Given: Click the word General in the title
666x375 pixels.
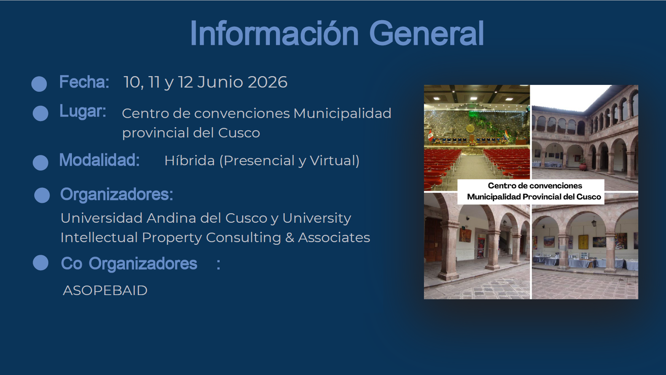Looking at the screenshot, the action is pos(426,34).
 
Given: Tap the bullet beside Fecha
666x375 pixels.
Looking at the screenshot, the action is pos(39,84).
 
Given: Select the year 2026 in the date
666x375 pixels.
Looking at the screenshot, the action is pos(268,82).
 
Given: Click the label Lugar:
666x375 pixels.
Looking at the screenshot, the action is pos(83,111).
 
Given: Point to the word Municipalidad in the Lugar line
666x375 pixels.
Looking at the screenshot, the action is pos(343,113).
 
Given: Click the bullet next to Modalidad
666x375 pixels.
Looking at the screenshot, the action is pos(40,163).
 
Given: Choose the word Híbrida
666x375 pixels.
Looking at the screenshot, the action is pos(190,160).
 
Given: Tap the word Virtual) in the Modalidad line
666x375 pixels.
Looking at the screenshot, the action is pos(335,160).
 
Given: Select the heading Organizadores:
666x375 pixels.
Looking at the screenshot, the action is pos(117,195).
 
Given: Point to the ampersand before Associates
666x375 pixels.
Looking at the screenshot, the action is pos(290,238).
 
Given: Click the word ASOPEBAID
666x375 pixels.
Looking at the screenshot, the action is pos(105,290).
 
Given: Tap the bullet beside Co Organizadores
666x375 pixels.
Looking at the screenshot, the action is pos(40,263).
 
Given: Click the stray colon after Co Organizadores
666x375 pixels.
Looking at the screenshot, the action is pos(218,264).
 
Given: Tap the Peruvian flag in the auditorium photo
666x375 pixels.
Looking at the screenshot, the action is pos(430,136).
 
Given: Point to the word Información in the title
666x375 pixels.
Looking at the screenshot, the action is pos(274,34).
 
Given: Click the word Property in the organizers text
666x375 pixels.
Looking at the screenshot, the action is pos(172,238).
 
